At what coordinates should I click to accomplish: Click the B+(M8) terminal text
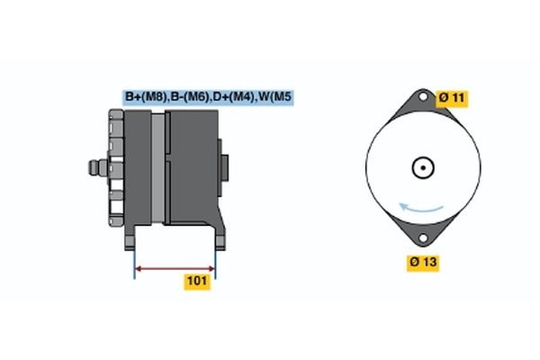tap(144, 97)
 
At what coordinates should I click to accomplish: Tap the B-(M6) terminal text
tap(187, 97)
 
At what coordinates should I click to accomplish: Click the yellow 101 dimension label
tap(197, 282)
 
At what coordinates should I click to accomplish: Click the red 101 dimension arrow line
tap(175, 267)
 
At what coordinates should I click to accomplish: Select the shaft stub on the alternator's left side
tap(94, 167)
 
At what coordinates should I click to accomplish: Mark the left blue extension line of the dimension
tap(134, 262)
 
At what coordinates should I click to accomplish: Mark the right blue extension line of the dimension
tap(215, 262)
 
